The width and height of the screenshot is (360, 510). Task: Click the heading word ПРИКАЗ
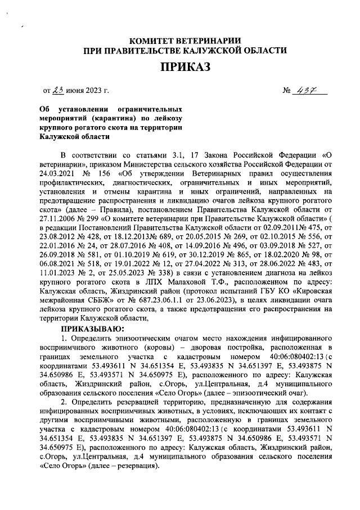tap(185, 68)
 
